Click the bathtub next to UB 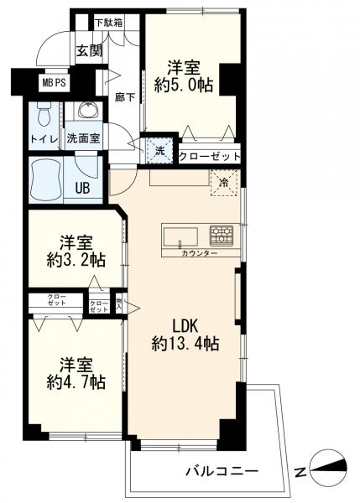46,177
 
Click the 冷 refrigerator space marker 224,180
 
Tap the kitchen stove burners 221,232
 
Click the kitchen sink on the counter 180,233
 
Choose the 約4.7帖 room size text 75,382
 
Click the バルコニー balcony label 222,470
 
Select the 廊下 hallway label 124,97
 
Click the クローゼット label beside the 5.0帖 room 210,156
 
